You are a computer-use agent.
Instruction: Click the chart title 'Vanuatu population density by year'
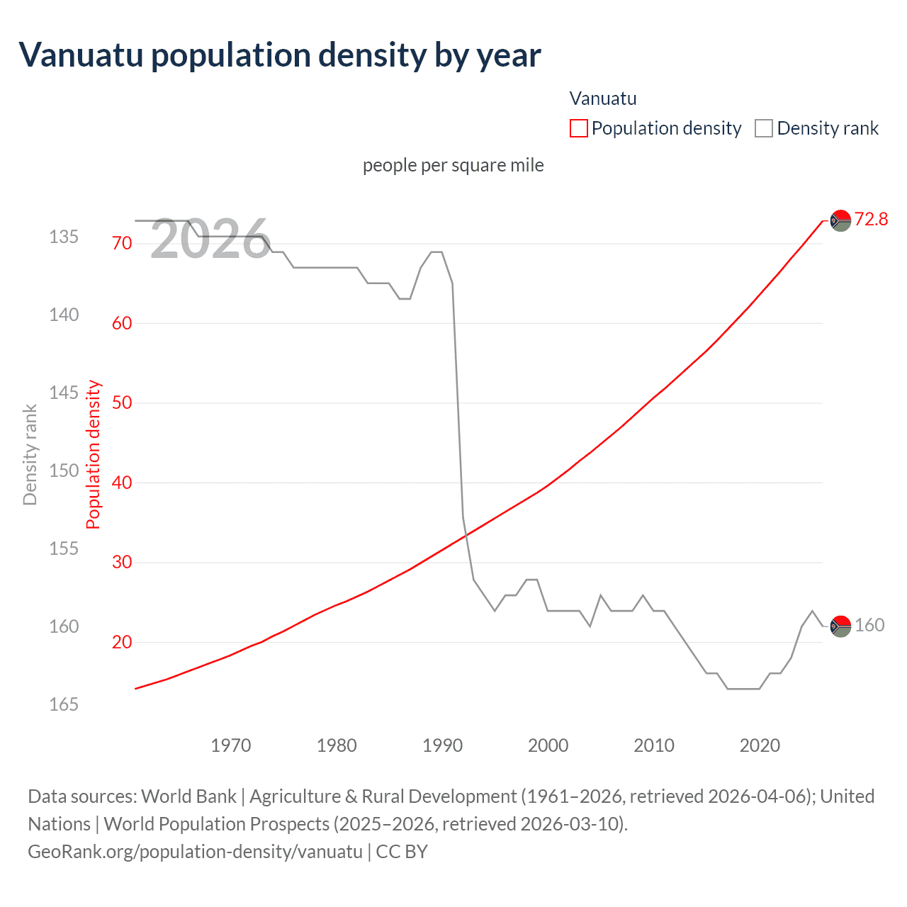tap(280, 55)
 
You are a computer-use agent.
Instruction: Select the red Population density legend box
tap(578, 128)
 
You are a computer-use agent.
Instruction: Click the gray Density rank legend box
tap(763, 128)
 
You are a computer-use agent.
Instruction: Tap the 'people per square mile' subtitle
tap(453, 165)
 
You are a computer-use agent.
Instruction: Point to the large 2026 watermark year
tap(210, 240)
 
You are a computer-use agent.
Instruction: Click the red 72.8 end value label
tap(871, 219)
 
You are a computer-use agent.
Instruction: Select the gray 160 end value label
tap(869, 625)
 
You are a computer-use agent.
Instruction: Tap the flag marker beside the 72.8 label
tap(840, 221)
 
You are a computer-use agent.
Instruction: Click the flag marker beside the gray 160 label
tap(840, 626)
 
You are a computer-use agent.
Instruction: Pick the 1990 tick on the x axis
tap(442, 745)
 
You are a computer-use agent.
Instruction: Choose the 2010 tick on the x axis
tap(654, 745)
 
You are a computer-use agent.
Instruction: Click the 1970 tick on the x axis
tap(231, 745)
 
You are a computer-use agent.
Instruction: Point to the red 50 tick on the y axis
tap(122, 402)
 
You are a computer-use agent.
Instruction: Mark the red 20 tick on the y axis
tap(122, 642)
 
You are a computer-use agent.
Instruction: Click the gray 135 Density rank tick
tap(64, 237)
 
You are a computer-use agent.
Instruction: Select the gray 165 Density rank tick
tap(64, 704)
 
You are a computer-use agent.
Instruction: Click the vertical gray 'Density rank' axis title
tap(30, 455)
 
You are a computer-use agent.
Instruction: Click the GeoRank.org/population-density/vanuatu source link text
tap(195, 851)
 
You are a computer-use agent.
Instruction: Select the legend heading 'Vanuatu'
tap(603, 98)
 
